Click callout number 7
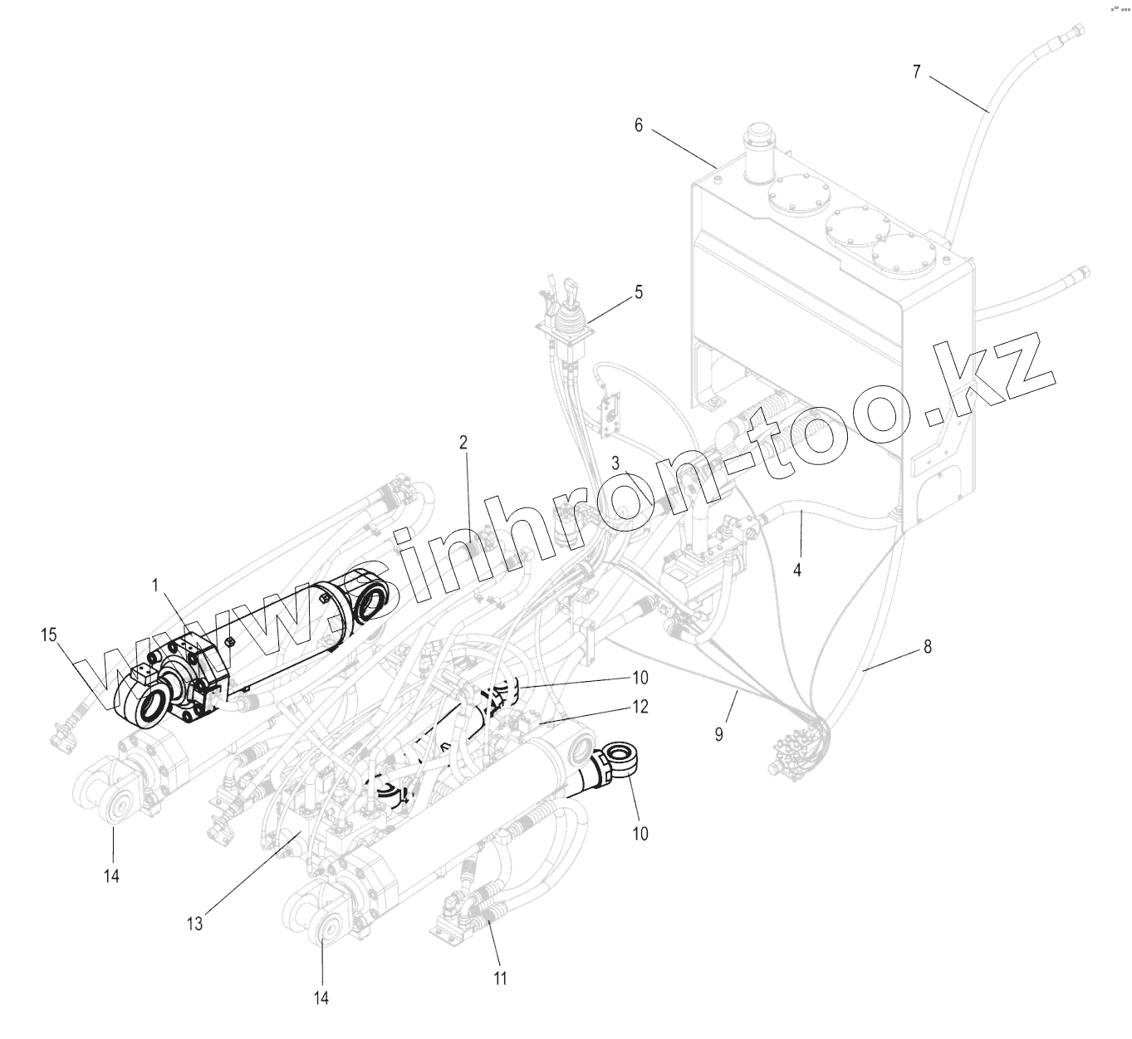pyautogui.click(x=916, y=71)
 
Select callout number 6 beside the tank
pyautogui.click(x=639, y=125)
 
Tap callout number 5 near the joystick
pyautogui.click(x=638, y=292)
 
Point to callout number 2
pyautogui.click(x=463, y=442)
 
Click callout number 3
pyautogui.click(x=616, y=463)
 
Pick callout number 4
pyautogui.click(x=797, y=571)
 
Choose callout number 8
pyautogui.click(x=928, y=646)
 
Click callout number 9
pyautogui.click(x=720, y=733)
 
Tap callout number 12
pyautogui.click(x=640, y=707)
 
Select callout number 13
pyautogui.click(x=194, y=923)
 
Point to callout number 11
pyautogui.click(x=499, y=978)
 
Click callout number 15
pyautogui.click(x=49, y=635)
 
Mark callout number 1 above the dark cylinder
pyautogui.click(x=154, y=586)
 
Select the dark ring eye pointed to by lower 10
pyautogui.click(x=619, y=758)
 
